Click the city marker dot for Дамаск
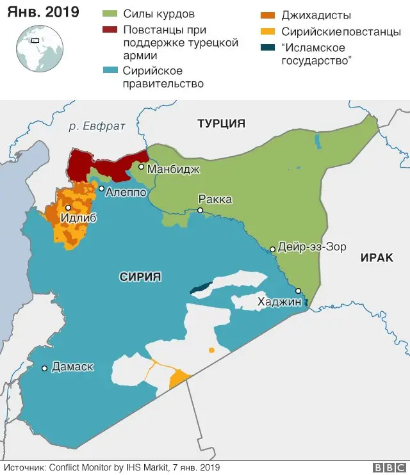(44, 368)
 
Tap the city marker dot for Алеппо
(101, 188)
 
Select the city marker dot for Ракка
(201, 210)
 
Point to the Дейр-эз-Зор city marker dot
(272, 249)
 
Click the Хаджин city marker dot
(298, 290)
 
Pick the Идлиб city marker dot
(68, 208)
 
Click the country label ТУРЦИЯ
(221, 124)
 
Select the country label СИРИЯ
(140, 277)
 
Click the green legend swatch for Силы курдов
(110, 14)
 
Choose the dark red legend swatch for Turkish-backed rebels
(110, 30)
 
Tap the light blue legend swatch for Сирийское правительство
(110, 70)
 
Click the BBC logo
(387, 467)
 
